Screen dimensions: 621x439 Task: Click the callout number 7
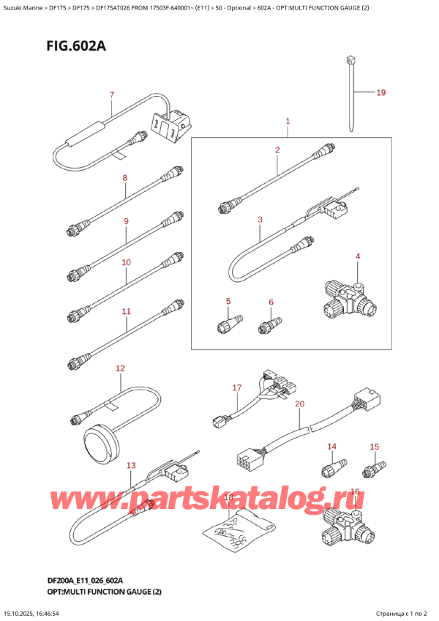(x=111, y=94)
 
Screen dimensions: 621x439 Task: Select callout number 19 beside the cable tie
(x=380, y=93)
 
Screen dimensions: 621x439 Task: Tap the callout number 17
(x=236, y=387)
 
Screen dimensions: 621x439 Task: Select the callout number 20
(x=299, y=404)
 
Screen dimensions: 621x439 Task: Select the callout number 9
(x=126, y=221)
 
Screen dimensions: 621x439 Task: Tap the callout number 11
(x=126, y=311)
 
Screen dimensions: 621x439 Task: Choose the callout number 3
(x=260, y=219)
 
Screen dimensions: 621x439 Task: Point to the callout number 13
(x=131, y=465)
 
